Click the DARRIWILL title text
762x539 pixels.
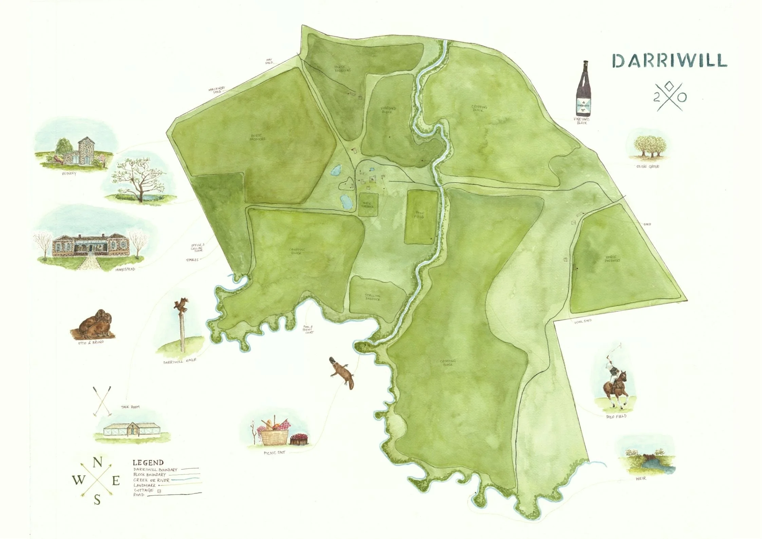669,61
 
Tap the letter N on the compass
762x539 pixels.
97,463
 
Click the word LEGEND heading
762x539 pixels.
148,463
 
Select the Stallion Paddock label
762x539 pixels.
372,297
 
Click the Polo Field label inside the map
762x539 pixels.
420,215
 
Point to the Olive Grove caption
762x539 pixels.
648,167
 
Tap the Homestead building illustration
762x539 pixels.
91,245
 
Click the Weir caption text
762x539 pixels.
641,479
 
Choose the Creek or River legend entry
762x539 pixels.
151,480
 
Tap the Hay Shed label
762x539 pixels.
269,61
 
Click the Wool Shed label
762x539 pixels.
583,321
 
